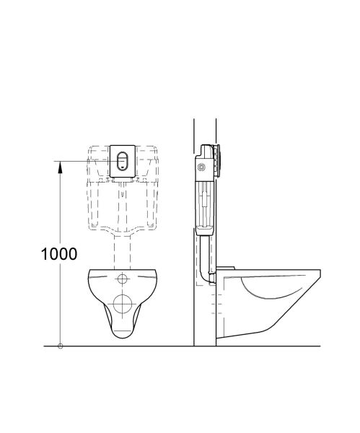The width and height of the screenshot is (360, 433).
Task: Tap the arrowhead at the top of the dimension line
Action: tap(60, 165)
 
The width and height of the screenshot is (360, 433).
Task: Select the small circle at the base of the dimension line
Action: tap(60, 346)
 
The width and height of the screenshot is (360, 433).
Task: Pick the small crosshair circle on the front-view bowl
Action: tap(122, 279)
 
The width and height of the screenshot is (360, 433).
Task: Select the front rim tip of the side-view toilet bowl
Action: tap(320, 271)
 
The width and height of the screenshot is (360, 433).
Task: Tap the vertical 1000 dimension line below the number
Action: tap(60, 303)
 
